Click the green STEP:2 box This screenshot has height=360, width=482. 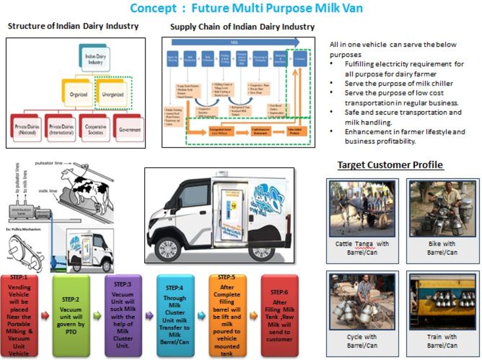click(x=71, y=316)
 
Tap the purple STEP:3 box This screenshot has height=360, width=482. click(x=123, y=316)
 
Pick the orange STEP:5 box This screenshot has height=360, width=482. click(x=228, y=316)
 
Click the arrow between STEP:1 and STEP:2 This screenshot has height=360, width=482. click(x=45, y=316)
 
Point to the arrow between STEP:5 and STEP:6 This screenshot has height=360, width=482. click(x=253, y=316)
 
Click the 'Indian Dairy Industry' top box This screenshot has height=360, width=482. click(x=94, y=59)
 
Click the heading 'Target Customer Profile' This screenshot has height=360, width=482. click(x=390, y=165)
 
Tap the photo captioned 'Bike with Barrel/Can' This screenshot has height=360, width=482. click(x=442, y=209)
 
